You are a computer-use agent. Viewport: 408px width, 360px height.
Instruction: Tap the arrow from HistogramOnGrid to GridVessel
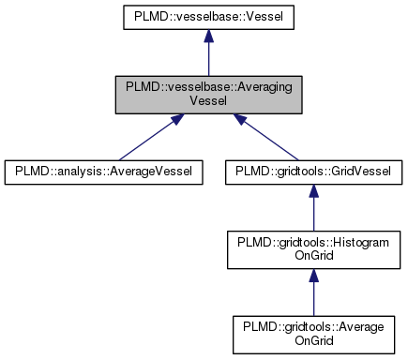313,208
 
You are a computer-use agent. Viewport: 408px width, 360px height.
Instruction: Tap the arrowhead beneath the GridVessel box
313,190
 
